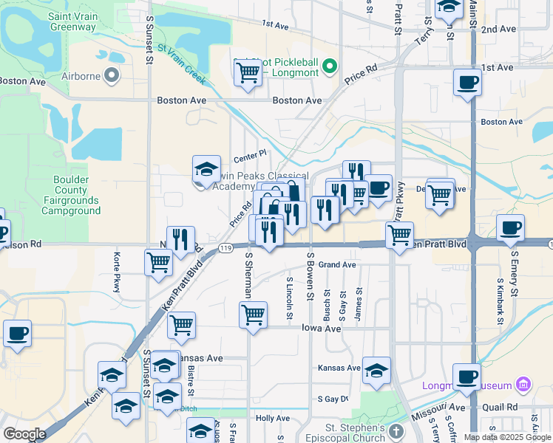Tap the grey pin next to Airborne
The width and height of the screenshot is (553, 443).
[x=112, y=75]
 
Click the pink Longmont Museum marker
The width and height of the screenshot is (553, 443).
[x=523, y=385]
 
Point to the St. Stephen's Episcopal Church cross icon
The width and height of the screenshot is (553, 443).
[x=396, y=430]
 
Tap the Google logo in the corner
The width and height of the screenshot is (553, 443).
[x=24, y=434]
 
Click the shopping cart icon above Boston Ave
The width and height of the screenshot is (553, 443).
[x=247, y=72]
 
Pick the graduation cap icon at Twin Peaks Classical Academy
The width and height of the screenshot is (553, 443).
[x=206, y=168]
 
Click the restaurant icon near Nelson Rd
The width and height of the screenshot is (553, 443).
[x=180, y=239]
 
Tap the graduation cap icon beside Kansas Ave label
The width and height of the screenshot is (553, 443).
[x=376, y=370]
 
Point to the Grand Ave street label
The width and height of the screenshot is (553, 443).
[x=338, y=264]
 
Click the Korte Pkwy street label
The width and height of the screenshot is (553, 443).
[x=117, y=273]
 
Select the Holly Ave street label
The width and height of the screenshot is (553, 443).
[x=271, y=418]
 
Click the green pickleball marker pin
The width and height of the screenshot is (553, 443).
[x=330, y=65]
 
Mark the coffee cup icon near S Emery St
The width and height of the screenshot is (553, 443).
[x=509, y=227]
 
